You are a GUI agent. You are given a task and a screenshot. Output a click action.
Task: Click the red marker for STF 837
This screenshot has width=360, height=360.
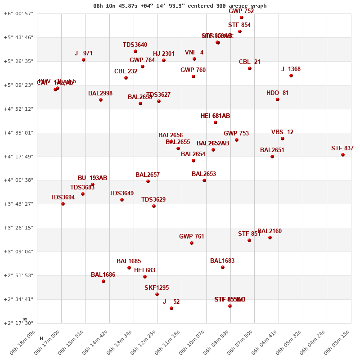(343, 155)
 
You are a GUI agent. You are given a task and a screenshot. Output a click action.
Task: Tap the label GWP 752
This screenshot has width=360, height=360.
(241, 11)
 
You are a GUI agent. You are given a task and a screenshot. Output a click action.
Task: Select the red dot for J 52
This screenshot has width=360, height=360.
(171, 308)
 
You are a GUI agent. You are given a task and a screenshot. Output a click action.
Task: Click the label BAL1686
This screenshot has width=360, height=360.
(103, 274)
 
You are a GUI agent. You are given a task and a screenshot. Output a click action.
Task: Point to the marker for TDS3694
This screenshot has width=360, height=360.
(63, 204)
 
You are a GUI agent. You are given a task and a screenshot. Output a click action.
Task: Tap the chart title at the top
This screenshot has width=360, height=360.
(180, 6)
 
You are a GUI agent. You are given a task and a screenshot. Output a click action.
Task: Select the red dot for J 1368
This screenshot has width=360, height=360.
(291, 76)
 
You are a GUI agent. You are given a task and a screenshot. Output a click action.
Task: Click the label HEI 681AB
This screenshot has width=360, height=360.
(215, 116)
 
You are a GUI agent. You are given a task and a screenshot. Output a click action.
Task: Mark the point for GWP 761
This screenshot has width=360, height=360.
(192, 243)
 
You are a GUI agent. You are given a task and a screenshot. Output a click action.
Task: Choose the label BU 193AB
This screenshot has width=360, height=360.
(92, 178)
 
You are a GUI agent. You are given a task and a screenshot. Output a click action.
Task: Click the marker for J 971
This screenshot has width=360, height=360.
(84, 60)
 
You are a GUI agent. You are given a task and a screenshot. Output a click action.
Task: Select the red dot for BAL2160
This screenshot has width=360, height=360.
(270, 238)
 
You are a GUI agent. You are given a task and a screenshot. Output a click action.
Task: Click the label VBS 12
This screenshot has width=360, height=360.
(282, 132)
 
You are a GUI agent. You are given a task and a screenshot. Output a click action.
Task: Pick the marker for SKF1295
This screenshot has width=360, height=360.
(157, 294)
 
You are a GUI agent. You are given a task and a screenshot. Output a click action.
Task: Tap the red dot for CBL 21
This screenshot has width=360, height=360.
(250, 68)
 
